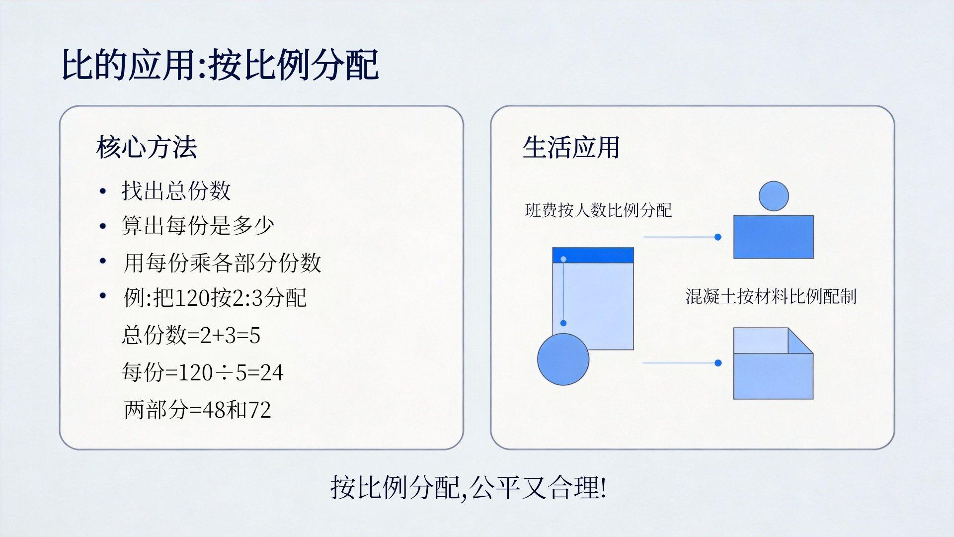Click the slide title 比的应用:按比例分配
pyautogui.click(x=220, y=65)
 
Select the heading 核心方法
pyautogui.click(x=147, y=147)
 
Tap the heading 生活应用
pyautogui.click(x=571, y=147)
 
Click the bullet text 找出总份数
pyautogui.click(x=176, y=190)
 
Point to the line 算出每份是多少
pyautogui.click(x=198, y=225)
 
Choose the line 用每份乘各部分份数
pyautogui.click(x=222, y=262)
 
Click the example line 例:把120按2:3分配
pyautogui.click(x=215, y=297)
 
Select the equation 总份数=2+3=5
pyautogui.click(x=191, y=335)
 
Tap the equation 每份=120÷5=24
pyautogui.click(x=203, y=372)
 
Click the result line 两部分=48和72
pyautogui.click(x=197, y=409)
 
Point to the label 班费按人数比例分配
pyautogui.click(x=598, y=210)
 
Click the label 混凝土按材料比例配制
pyautogui.click(x=771, y=296)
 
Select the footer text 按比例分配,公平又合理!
pyautogui.click(x=468, y=487)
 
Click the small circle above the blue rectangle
pyautogui.click(x=774, y=196)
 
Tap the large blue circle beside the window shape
pyautogui.click(x=563, y=359)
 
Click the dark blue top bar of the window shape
pyautogui.click(x=593, y=255)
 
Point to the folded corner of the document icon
pyautogui.click(x=800, y=341)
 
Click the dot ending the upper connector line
pyautogui.click(x=717, y=237)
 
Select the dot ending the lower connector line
pyautogui.click(x=717, y=363)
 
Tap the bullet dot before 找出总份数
pyautogui.click(x=103, y=191)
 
